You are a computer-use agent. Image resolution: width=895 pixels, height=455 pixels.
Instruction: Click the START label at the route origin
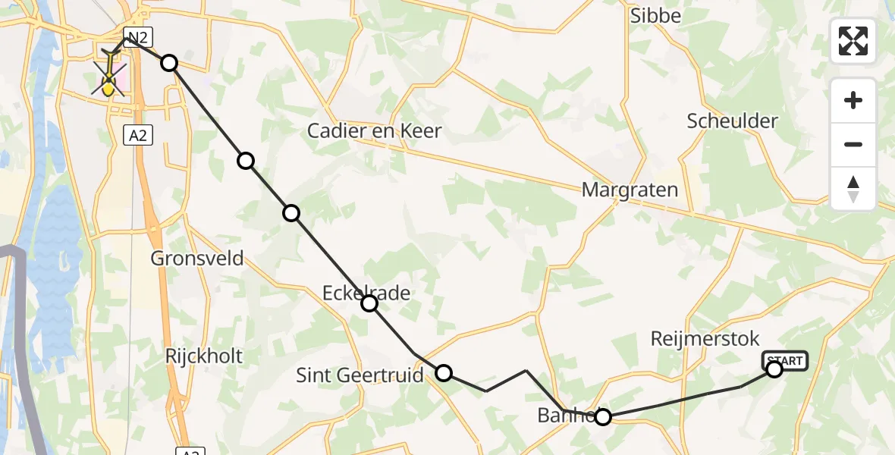(785, 361)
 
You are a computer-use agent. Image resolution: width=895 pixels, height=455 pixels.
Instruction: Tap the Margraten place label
(630, 190)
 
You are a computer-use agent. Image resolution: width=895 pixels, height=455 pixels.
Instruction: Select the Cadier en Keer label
(375, 130)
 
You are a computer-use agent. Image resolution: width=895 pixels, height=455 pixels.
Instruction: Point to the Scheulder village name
(733, 121)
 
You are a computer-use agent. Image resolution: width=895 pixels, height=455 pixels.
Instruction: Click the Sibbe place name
(656, 15)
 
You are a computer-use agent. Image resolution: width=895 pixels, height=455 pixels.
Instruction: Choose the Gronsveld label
(197, 258)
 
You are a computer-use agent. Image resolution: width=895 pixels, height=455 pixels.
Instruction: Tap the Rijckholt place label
(204, 356)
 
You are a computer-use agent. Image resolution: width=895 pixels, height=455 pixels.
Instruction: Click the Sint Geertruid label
(360, 375)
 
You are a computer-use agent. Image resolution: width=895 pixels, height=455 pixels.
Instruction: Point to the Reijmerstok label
(705, 338)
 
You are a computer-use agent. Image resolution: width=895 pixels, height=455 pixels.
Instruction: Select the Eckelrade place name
(366, 293)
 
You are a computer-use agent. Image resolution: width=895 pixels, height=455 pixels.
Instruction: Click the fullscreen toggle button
(853, 41)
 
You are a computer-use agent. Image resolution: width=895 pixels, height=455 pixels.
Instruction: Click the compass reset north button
(853, 189)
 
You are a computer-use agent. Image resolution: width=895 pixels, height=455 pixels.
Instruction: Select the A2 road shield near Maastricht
(137, 135)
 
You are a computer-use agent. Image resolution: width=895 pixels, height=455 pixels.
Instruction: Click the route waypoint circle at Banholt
(602, 416)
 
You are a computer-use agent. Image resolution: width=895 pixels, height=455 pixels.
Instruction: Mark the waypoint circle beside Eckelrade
(369, 303)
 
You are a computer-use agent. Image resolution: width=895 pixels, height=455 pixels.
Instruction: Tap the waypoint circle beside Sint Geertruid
(444, 372)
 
